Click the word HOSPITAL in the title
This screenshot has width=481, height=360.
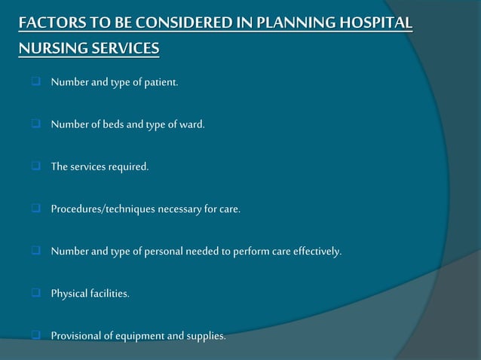point(375,23)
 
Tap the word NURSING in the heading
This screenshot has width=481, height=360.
point(49,49)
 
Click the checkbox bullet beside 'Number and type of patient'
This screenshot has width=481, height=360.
point(35,82)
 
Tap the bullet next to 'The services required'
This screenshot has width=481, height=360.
point(35,166)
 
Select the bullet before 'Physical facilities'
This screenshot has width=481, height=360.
point(35,293)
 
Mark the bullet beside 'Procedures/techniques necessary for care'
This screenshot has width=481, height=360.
point(35,209)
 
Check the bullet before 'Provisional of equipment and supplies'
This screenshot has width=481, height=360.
point(35,335)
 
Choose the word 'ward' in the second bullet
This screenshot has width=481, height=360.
point(192,124)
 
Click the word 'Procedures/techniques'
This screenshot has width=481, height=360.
point(103,209)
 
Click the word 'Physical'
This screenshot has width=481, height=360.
point(68,293)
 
